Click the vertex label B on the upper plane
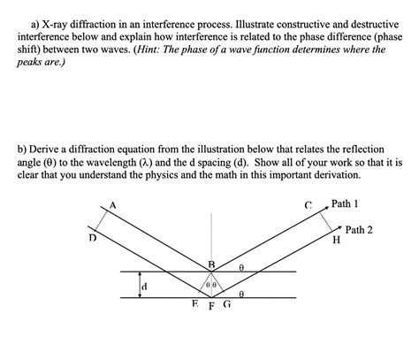tap(210, 264)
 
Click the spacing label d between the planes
tap(144, 287)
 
